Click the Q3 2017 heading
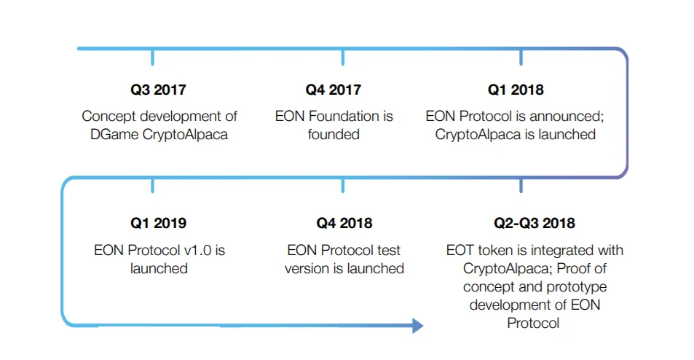(158, 90)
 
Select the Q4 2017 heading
(334, 90)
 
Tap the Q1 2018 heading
(516, 90)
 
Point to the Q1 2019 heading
(158, 223)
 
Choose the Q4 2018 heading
(344, 223)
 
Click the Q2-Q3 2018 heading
(535, 223)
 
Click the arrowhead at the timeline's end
(417, 326)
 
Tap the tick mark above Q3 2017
(152, 58)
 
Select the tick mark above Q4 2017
(343, 58)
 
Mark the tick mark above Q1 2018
(521, 58)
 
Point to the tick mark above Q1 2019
(152, 186)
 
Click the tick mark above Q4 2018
(343, 186)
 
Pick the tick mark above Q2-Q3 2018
(521, 186)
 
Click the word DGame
(114, 135)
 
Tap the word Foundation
(343, 116)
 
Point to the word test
(388, 251)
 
